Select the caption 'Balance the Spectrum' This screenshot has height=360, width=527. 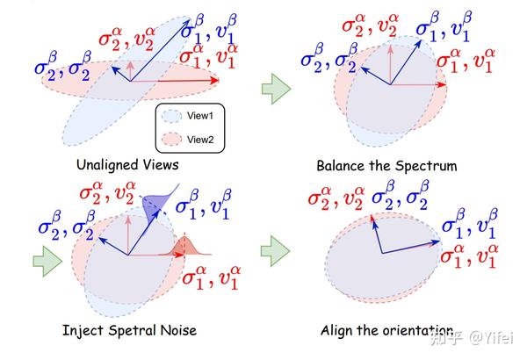click(x=386, y=165)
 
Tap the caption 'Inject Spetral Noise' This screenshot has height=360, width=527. click(x=128, y=330)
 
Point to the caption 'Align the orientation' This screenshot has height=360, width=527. click(x=386, y=331)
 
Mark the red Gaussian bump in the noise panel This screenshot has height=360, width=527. click(x=185, y=247)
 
